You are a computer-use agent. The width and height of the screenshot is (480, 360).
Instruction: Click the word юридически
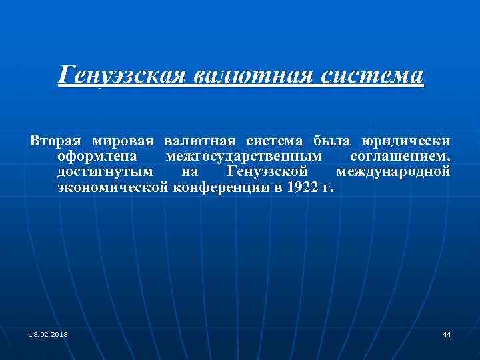tap(406, 141)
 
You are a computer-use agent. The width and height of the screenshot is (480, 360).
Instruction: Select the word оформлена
tap(97, 157)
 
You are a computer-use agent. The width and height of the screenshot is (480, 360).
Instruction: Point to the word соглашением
tap(400, 157)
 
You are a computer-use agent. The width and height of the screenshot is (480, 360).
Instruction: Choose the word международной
tap(393, 173)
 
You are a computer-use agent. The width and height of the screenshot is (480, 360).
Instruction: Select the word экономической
tap(114, 189)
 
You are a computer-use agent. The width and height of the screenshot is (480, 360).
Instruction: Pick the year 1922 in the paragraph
tap(299, 189)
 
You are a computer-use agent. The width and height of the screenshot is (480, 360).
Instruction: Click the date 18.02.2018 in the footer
tap(48, 334)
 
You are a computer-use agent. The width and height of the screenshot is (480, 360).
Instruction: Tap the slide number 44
tap(447, 334)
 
